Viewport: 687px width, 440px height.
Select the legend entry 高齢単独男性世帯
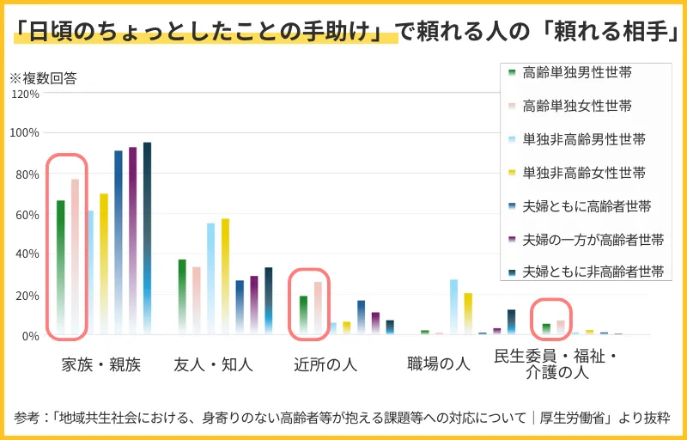pyautogui.click(x=577, y=73)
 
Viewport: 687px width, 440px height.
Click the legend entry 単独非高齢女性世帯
pyautogui.click(x=584, y=173)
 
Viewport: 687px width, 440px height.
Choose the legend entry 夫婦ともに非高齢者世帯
pyautogui.click(x=593, y=272)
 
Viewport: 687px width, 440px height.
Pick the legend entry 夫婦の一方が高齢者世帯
pyautogui.click(x=593, y=239)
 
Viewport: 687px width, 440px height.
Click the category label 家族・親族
pyautogui.click(x=100, y=364)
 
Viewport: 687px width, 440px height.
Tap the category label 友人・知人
pyautogui.click(x=213, y=364)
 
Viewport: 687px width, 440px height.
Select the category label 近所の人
pyautogui.click(x=325, y=364)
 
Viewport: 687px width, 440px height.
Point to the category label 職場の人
pyautogui.click(x=438, y=364)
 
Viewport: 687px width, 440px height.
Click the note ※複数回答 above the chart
pyautogui.click(x=43, y=78)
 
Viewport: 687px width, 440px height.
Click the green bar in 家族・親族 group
pyautogui.click(x=61, y=266)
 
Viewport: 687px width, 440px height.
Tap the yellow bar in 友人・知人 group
pyautogui.click(x=225, y=276)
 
